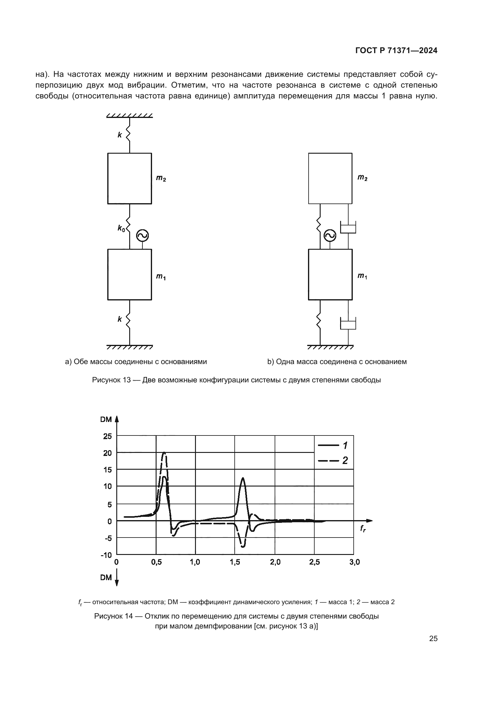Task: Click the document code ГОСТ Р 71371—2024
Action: tap(396, 50)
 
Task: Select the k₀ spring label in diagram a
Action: tap(121, 228)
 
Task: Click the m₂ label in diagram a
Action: tap(161, 178)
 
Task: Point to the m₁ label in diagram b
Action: tap(362, 276)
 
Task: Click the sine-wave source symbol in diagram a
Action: tap(142, 235)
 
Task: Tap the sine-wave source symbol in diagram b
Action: tap(330, 235)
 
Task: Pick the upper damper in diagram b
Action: tap(348, 227)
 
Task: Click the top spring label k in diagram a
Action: tap(120, 135)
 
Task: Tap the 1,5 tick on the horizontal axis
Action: tap(235, 562)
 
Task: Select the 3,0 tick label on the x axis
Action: tap(355, 562)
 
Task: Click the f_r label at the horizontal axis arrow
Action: tap(363, 529)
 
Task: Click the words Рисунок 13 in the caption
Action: tap(111, 380)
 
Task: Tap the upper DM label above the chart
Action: tap(106, 420)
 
